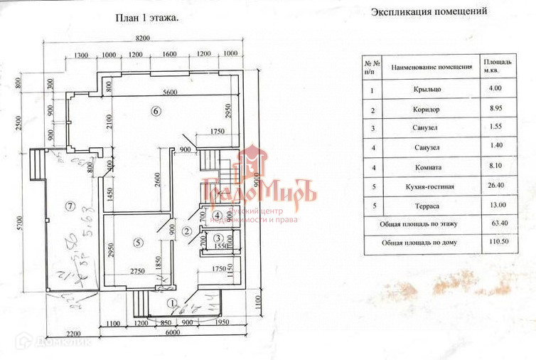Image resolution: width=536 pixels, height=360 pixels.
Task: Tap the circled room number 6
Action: coord(156,110)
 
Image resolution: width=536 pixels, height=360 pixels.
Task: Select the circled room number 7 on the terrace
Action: coord(69,206)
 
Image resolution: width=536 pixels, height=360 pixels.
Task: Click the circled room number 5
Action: coord(138,242)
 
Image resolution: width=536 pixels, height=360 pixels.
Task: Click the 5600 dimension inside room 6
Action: coord(169,92)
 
